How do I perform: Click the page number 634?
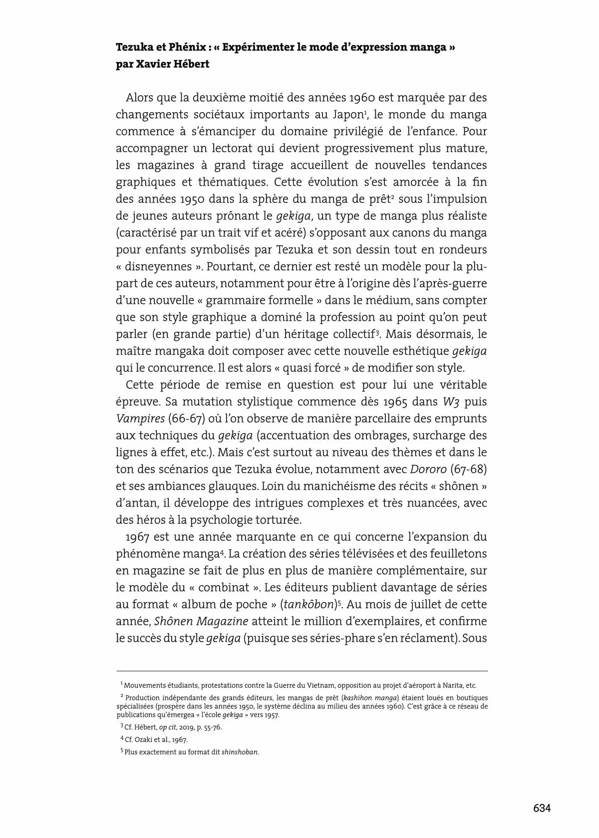[542, 808]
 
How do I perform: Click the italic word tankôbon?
[308, 605]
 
